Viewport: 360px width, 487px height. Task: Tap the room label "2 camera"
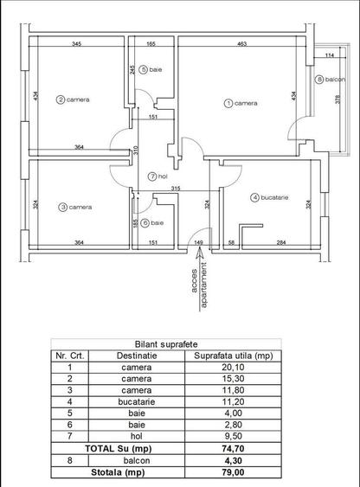click(x=74, y=99)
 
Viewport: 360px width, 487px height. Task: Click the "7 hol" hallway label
click(x=157, y=176)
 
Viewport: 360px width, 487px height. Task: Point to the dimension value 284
click(x=280, y=243)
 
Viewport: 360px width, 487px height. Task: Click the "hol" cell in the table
click(x=136, y=437)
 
